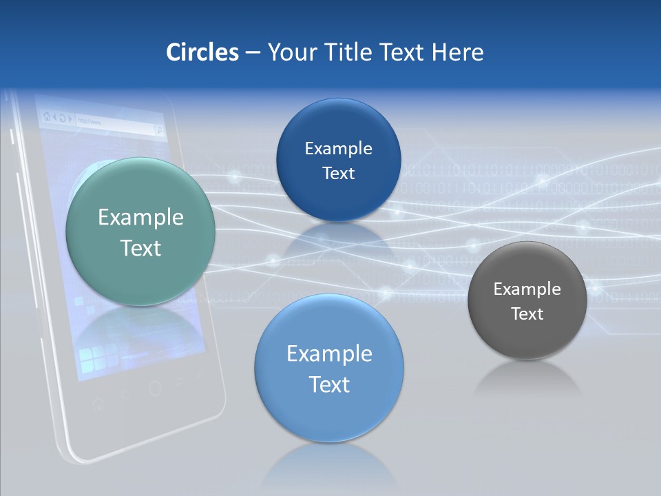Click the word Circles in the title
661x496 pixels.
tap(202, 52)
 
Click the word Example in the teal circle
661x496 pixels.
tap(140, 218)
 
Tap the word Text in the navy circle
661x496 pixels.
tap(338, 174)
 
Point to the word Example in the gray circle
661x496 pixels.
tap(527, 289)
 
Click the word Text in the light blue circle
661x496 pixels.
tap(329, 384)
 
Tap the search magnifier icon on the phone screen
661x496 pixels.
tap(159, 129)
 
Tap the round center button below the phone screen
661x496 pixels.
tap(155, 389)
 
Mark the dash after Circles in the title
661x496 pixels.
tap(253, 53)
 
